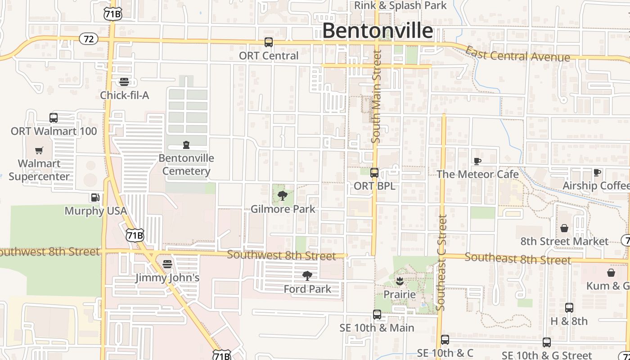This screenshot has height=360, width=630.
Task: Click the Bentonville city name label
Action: (x=378, y=31)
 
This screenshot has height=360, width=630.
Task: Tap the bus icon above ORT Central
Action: (x=269, y=42)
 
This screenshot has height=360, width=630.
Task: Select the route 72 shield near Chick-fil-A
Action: (x=89, y=39)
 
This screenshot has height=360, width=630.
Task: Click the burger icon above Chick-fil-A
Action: (x=124, y=81)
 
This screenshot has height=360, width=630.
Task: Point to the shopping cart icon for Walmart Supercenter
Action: (x=40, y=150)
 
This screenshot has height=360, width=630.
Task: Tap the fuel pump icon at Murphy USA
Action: (x=95, y=198)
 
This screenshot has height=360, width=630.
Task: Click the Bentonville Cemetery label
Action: (x=186, y=165)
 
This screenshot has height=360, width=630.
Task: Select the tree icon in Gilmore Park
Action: (x=283, y=196)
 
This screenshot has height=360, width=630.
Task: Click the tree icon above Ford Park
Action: (x=307, y=276)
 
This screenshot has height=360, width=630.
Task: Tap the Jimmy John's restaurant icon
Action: (x=167, y=264)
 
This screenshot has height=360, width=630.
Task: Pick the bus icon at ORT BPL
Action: (x=374, y=173)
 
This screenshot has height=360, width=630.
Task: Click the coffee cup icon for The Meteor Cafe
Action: (x=477, y=161)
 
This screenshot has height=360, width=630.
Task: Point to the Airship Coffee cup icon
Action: (x=597, y=172)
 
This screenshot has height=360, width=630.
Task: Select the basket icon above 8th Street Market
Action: (x=564, y=228)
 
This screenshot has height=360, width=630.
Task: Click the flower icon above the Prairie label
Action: (x=399, y=282)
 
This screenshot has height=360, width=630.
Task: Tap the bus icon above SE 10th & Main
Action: (x=377, y=315)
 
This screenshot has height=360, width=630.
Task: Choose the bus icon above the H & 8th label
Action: (x=569, y=308)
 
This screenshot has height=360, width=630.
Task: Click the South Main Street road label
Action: (x=377, y=97)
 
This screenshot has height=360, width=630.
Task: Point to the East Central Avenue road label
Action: (x=517, y=55)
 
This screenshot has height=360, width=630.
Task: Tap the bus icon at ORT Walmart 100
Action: (x=54, y=118)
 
